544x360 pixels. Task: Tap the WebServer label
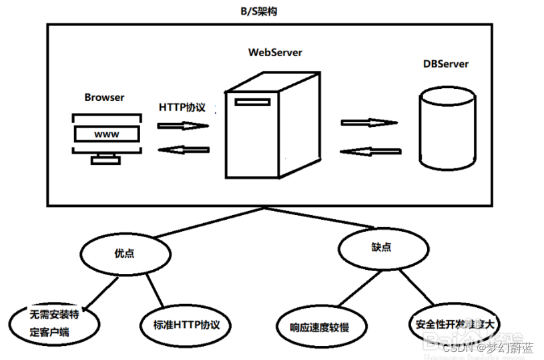(275, 52)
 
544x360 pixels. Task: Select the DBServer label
(446, 64)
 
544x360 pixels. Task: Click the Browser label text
(104, 98)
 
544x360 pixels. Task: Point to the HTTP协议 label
(182, 107)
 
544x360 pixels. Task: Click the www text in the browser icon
(107, 134)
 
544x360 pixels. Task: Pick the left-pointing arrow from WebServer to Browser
(184, 150)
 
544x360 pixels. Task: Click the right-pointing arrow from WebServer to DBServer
(368, 123)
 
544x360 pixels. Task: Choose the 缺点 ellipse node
(381, 247)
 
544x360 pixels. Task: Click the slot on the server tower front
(248, 102)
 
